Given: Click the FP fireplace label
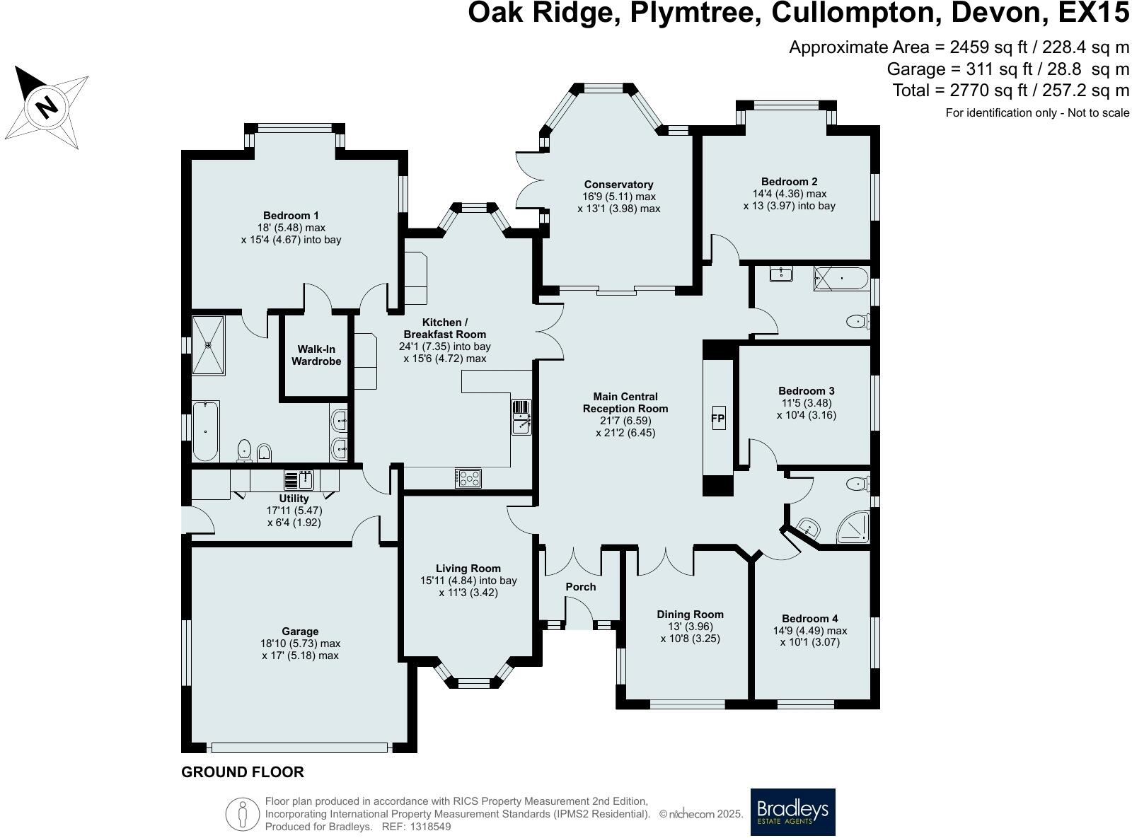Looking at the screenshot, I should click(717, 419).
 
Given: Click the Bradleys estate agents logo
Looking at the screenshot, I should click(792, 812).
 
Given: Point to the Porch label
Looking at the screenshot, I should click(580, 586).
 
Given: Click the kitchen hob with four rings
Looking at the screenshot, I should click(468, 479).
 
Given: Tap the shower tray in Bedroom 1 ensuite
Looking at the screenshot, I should click(208, 345).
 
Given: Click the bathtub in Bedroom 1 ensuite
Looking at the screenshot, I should click(206, 431).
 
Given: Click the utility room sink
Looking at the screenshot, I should click(300, 480).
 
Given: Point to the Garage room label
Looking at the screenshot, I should click(300, 631).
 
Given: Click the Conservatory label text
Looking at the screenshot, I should click(618, 185).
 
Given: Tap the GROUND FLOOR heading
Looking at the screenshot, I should click(243, 772).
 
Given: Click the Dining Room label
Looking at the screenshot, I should click(690, 614).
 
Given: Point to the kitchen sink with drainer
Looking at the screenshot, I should click(521, 417).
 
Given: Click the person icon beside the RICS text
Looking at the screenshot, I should click(242, 814).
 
